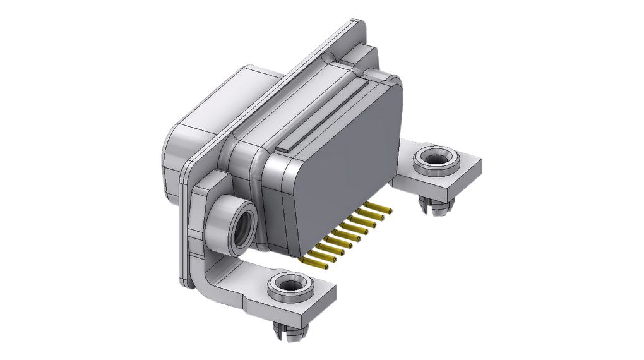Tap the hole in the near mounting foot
click(x=290, y=285)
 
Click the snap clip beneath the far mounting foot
click(x=435, y=205)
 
